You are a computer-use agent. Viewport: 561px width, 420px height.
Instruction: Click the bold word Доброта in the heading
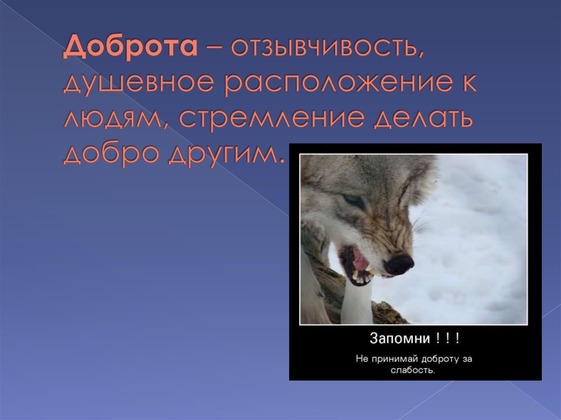130,50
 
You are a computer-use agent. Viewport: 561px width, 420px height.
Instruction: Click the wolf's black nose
399,264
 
